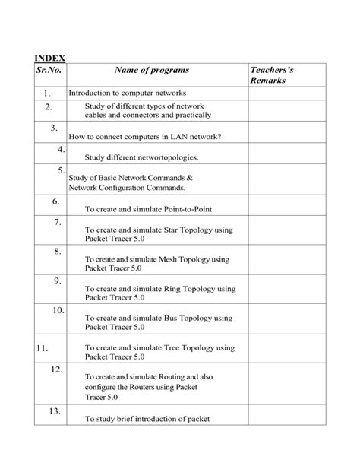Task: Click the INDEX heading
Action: coord(50,58)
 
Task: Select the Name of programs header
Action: coord(152,71)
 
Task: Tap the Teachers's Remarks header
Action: coord(271,75)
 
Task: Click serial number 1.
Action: coord(50,93)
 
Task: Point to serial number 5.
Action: coord(61,170)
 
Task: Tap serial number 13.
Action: coord(55,411)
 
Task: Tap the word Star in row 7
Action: coord(173,229)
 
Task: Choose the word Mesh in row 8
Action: coord(169,258)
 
